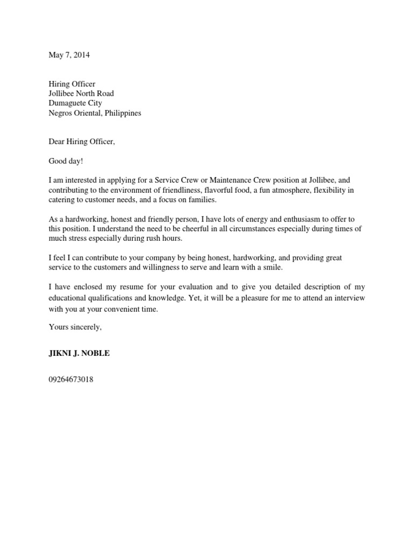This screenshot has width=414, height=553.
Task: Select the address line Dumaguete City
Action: tap(75, 103)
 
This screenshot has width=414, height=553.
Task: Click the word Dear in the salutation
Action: tap(57, 142)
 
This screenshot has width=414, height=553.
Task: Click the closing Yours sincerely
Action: tap(75, 327)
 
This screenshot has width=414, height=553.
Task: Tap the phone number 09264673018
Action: tap(71, 380)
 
